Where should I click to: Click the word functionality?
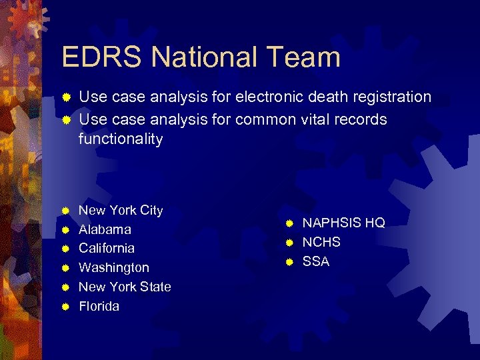click(x=121, y=139)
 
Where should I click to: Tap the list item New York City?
click(x=121, y=211)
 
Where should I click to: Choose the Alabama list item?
click(x=105, y=230)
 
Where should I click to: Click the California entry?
click(x=107, y=249)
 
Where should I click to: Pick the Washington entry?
click(x=114, y=268)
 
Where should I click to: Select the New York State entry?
click(x=125, y=287)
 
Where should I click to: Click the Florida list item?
click(x=99, y=307)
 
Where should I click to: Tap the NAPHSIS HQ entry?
click(x=343, y=223)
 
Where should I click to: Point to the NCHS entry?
click(x=321, y=243)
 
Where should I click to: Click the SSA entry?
click(x=316, y=262)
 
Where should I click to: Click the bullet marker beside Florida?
click(x=66, y=307)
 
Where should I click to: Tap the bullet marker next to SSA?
click(x=289, y=262)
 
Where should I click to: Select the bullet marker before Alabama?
click(x=66, y=230)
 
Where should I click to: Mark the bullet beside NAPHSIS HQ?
click(x=289, y=223)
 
